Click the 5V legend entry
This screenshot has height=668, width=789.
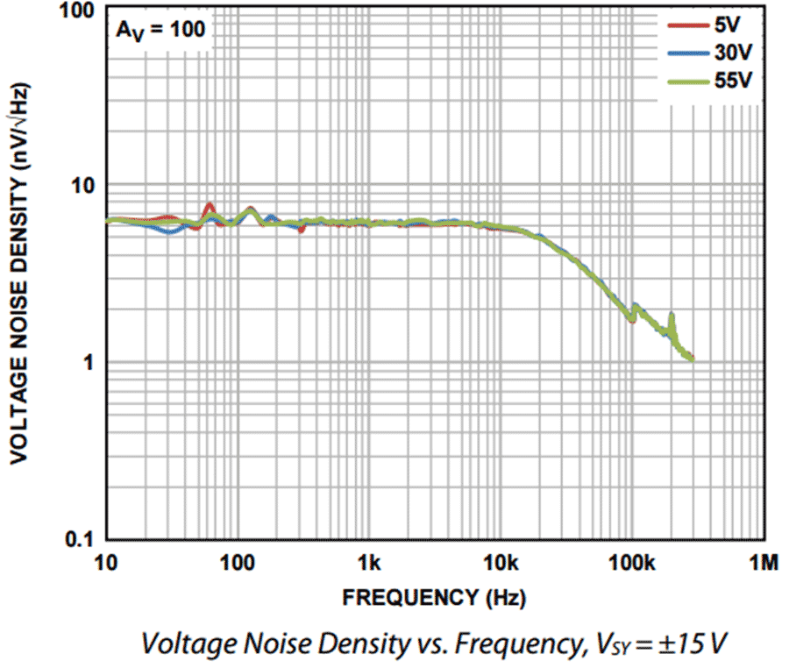[x=729, y=28]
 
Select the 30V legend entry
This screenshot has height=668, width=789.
[x=729, y=54]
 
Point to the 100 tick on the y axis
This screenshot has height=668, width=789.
[x=77, y=11]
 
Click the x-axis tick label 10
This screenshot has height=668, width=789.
[x=106, y=561]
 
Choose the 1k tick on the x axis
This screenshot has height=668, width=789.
[x=369, y=561]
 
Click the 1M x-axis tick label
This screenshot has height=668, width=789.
[x=764, y=561]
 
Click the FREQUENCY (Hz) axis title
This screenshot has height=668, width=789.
[x=434, y=599]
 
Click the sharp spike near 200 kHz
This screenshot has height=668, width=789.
[x=672, y=316]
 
